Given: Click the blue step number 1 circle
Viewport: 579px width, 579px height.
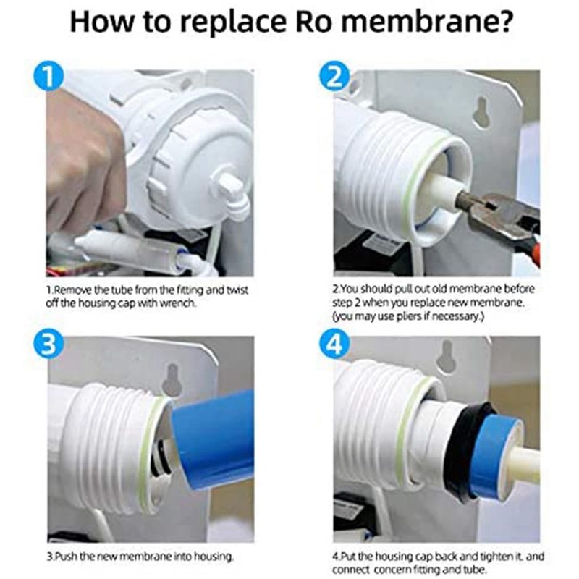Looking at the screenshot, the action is [x=48, y=77].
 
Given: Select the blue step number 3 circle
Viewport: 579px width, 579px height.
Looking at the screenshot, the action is [x=48, y=343].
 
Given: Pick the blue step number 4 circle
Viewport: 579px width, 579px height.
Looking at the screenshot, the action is [x=334, y=343].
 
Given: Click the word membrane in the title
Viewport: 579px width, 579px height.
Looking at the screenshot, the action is [x=426, y=22].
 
